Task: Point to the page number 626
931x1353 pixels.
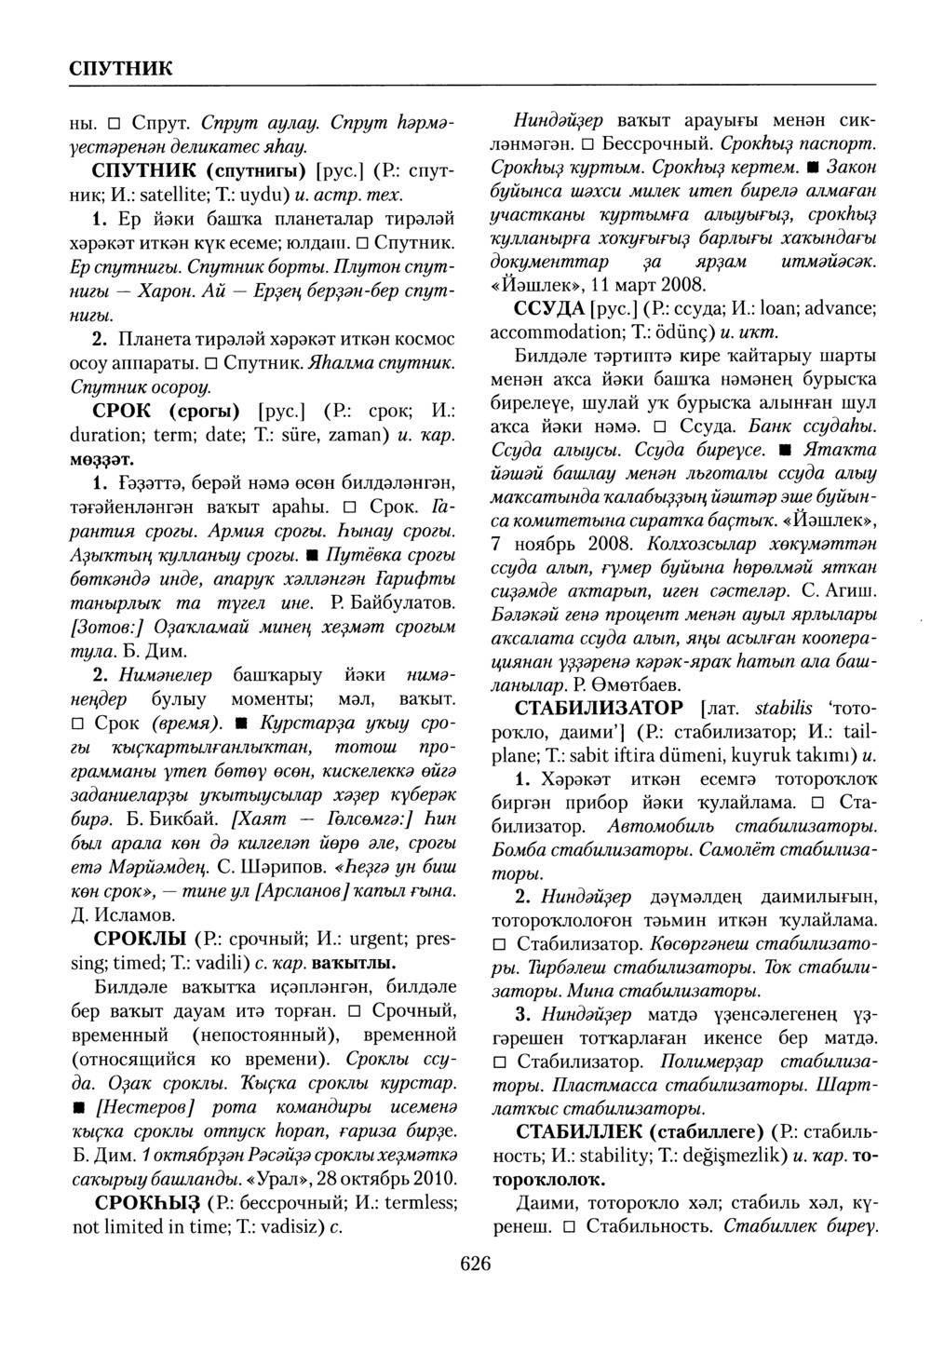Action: click(474, 1263)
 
